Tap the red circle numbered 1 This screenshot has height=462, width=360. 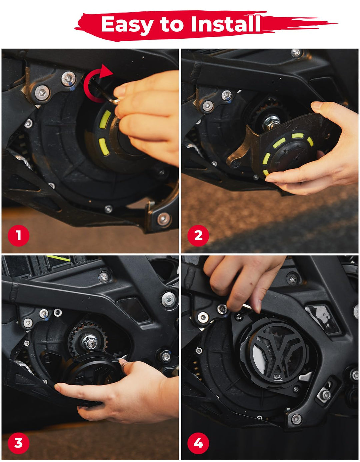tap(18, 236)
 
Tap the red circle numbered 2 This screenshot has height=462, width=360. tap(198, 236)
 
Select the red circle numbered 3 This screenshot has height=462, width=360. tap(18, 443)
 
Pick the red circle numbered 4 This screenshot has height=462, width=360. tap(198, 443)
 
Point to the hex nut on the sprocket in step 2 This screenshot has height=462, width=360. tap(271, 123)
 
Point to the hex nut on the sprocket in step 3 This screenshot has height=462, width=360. tap(90, 342)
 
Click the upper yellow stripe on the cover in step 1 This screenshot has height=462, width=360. tap(105, 119)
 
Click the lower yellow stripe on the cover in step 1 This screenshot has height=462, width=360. tap(104, 147)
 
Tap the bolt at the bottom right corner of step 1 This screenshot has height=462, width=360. tap(164, 219)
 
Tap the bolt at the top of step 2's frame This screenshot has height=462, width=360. tap(296, 53)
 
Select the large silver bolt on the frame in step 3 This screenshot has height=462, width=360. tap(169, 300)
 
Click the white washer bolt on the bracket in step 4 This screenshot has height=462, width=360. tap(203, 318)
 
